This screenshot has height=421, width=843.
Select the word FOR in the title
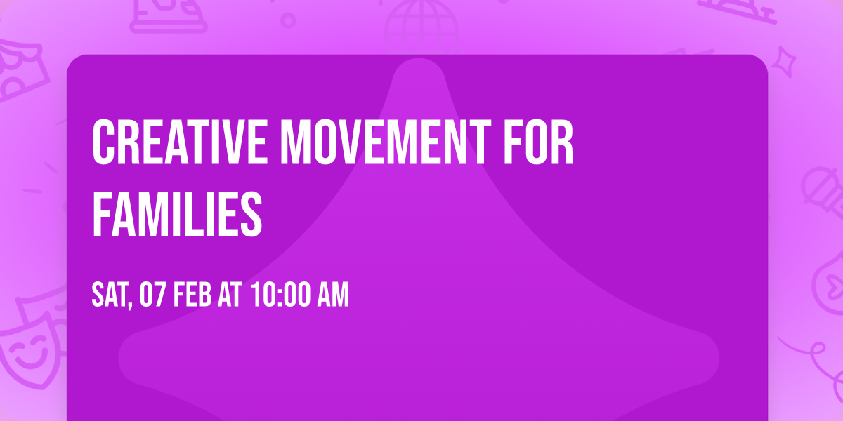pos(540,143)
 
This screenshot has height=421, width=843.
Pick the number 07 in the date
pos(152,295)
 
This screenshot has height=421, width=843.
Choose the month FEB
pos(192,295)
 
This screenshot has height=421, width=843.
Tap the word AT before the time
pos(230,295)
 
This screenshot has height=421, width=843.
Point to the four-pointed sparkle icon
pos(788,60)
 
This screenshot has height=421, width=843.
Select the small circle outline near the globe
pos(287,19)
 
